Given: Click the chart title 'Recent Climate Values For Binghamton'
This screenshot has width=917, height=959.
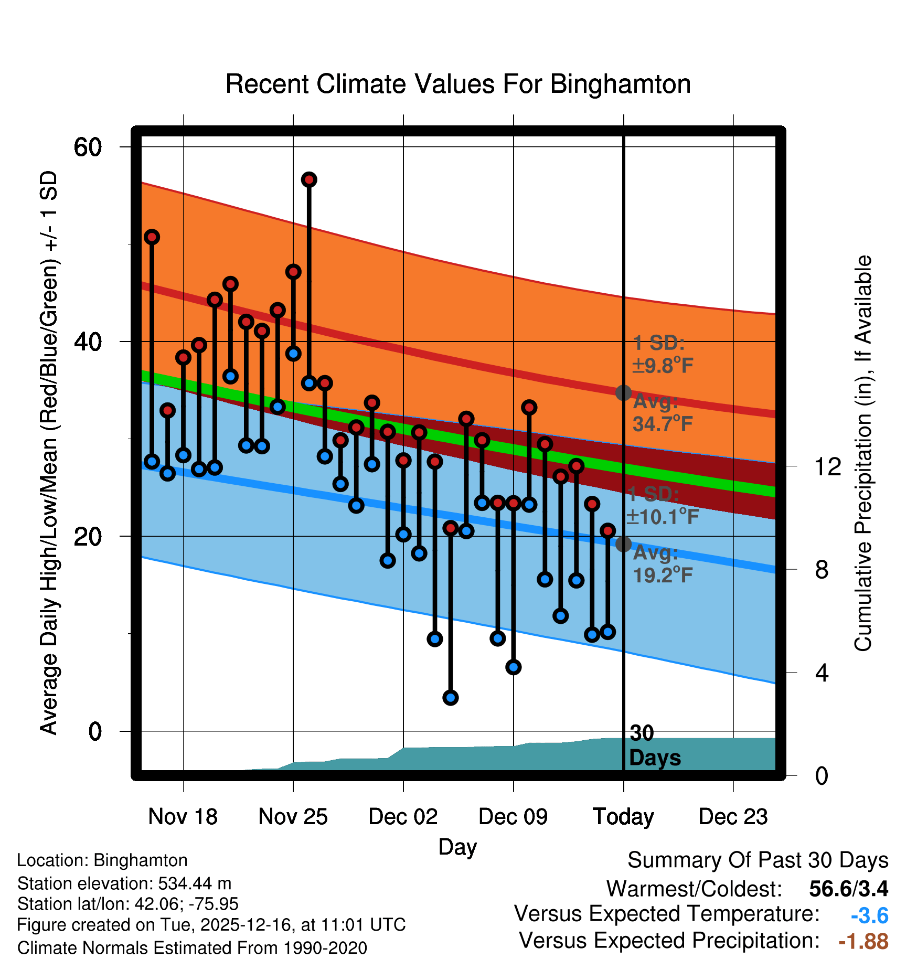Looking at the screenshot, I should [457, 84].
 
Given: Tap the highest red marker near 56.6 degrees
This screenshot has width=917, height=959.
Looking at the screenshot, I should [309, 180].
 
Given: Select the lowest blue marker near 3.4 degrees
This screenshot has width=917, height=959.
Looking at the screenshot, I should [451, 697].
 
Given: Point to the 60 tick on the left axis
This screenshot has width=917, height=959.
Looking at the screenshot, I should [88, 147].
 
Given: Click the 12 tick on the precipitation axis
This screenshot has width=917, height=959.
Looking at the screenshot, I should [828, 466].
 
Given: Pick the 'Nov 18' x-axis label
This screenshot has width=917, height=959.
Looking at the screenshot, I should [183, 816].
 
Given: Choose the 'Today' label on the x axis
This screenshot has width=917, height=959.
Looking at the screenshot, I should [623, 816].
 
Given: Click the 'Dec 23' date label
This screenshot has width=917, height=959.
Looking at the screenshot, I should [733, 816].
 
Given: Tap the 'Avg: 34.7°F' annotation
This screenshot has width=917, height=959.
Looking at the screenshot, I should [662, 413].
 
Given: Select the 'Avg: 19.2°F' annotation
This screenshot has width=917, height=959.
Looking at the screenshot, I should [662, 564].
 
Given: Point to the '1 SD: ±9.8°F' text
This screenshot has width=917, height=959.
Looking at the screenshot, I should [662, 355].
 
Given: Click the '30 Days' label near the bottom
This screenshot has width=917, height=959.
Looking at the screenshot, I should [654, 745].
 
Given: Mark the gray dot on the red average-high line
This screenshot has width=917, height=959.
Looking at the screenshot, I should [623, 392].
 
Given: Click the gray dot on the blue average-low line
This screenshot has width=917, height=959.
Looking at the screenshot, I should [623, 544].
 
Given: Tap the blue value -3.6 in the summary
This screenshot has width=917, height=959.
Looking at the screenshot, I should [869, 916].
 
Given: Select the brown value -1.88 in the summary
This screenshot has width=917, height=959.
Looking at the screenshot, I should [863, 941].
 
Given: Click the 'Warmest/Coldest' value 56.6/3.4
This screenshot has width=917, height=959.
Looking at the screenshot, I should [848, 889].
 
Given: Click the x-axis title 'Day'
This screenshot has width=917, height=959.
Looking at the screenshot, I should [457, 847].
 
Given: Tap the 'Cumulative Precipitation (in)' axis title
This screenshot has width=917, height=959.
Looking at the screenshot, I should [863, 453].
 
